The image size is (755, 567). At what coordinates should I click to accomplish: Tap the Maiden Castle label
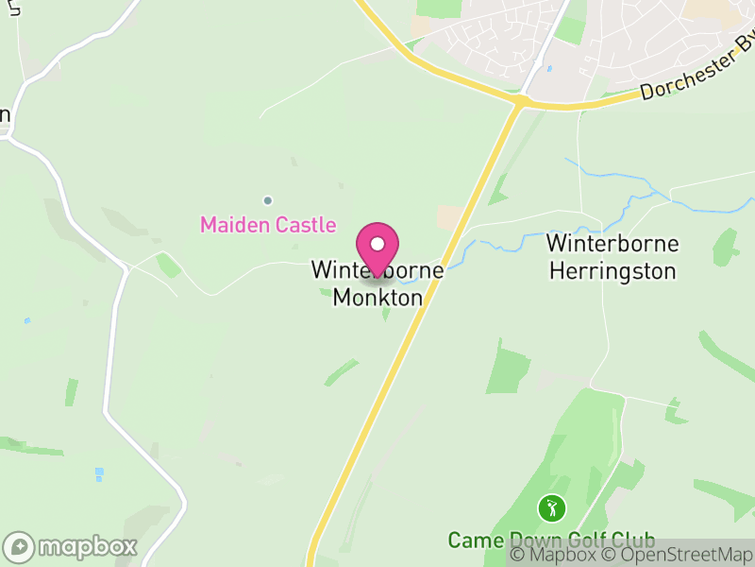click(268, 225)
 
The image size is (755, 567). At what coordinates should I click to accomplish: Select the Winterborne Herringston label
click(612, 257)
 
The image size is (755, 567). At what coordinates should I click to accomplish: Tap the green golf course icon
click(550, 509)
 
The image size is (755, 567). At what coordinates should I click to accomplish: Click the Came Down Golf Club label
click(551, 541)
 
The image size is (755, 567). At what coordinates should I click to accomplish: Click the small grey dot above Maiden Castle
click(267, 200)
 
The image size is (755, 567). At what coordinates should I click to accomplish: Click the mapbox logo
click(71, 546)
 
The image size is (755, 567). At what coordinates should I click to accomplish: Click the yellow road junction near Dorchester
click(518, 100)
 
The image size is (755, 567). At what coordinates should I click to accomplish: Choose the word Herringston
click(612, 271)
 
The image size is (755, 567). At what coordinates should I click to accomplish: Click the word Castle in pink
click(305, 225)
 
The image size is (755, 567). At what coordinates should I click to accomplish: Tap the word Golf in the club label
click(582, 541)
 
